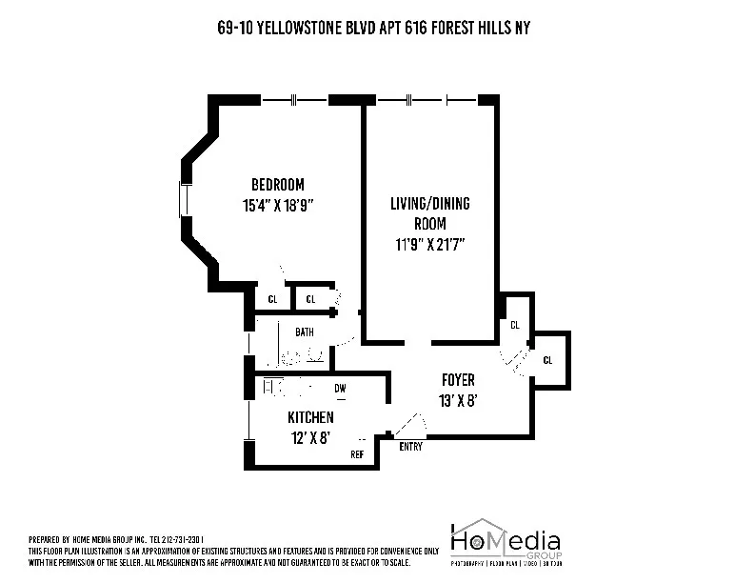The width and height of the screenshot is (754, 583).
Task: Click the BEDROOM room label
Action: [x=277, y=184]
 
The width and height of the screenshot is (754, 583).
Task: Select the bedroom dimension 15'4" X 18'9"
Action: [x=277, y=203]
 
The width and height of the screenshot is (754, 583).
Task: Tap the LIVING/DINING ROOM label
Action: [x=429, y=204]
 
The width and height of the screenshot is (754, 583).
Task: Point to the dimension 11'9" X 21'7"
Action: [x=429, y=242]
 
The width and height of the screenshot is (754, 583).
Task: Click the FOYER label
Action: [x=458, y=380]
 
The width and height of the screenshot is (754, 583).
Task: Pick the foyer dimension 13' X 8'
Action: [x=458, y=400]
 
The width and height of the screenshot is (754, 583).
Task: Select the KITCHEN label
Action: [x=310, y=417]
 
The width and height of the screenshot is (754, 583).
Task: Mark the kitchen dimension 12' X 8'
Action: [x=310, y=437]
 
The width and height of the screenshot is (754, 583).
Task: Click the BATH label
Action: [x=304, y=332]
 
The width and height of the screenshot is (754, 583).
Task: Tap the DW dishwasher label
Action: [x=340, y=388]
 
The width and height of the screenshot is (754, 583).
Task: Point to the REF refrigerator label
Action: [x=357, y=454]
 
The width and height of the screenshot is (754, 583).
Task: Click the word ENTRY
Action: [x=410, y=446]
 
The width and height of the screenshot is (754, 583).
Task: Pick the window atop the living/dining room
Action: [x=427, y=98]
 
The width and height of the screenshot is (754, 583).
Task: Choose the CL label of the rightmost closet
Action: [x=547, y=360]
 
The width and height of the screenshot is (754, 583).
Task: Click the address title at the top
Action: [x=373, y=29]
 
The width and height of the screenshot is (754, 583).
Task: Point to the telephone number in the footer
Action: [x=191, y=538]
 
